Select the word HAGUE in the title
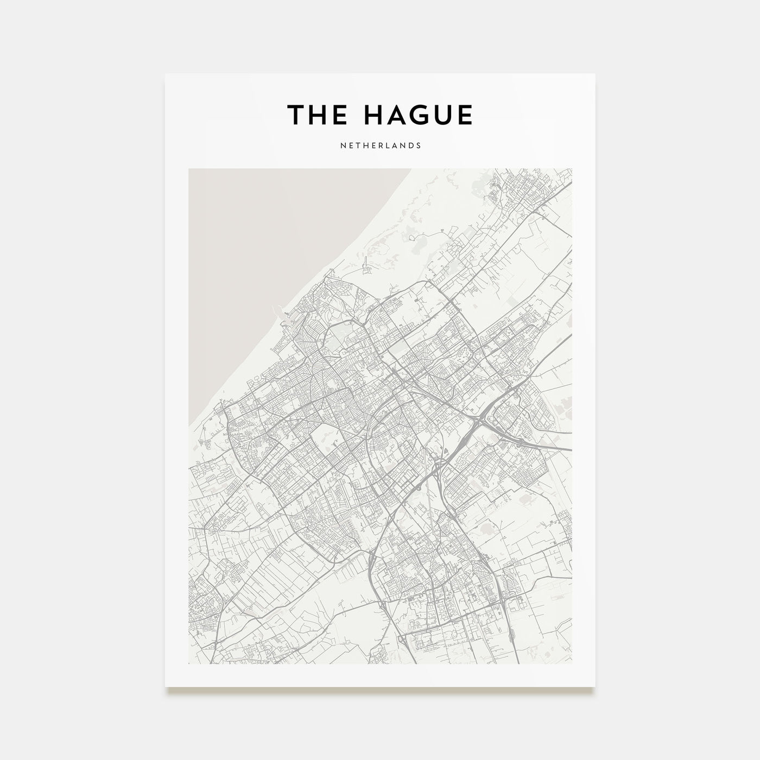tap(418, 115)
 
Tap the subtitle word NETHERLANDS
tap(380, 145)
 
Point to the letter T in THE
tap(296, 115)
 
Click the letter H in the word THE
tap(316, 115)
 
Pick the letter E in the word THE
tap(336, 115)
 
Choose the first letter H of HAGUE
tap(373, 115)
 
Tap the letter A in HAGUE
tap(395, 115)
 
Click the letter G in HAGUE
tap(418, 115)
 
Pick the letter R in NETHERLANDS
tap(380, 145)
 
